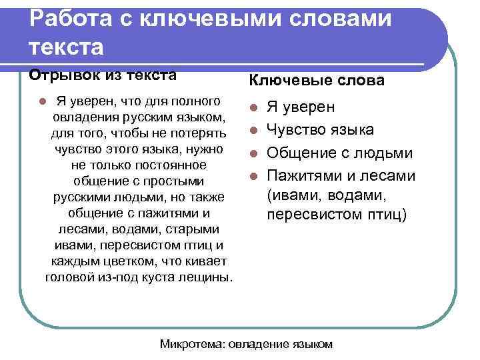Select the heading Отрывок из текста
(102, 75)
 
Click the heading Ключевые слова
(317, 81)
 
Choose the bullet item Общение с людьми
(339, 153)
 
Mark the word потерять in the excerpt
(198, 133)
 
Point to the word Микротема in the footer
(192, 344)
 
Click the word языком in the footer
(311, 344)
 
